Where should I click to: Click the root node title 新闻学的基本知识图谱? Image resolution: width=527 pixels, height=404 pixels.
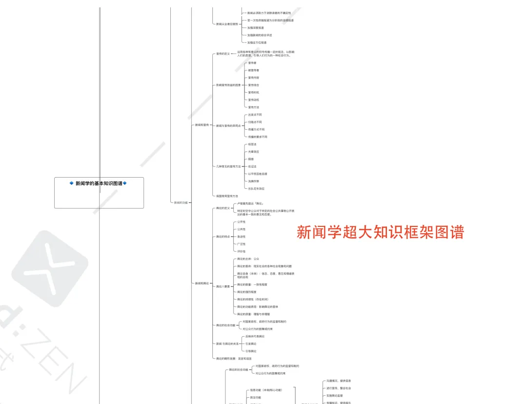pos(99,183)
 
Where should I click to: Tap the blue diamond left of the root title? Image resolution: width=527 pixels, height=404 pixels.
pos(71,183)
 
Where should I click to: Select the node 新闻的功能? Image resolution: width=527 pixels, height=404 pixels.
pos(181,202)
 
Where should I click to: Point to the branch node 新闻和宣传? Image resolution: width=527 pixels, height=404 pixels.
pos(202,125)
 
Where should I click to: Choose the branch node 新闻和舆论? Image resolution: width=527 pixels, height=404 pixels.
pos(202,283)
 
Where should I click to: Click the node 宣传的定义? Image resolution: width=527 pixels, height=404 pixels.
pos(223,54)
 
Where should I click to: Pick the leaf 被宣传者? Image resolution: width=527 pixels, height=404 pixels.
pos(254,70)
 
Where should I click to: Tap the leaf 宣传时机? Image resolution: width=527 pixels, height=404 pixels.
pos(254,92)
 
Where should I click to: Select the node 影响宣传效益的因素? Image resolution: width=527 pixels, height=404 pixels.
pos(228,85)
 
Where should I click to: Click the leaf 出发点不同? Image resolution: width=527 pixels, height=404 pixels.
pos(255,115)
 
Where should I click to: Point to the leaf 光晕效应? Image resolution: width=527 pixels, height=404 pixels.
pos(254,152)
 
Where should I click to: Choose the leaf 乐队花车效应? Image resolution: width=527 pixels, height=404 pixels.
pos(257,188)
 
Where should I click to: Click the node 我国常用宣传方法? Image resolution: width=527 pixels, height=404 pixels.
pos(227,196)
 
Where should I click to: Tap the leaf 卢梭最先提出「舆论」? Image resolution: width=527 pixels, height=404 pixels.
pos(250,203)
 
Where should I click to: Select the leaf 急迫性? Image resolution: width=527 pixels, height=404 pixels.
pos(241,237)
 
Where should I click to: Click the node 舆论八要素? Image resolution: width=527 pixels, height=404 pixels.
pos(223,286)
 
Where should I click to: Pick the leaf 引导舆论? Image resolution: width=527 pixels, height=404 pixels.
pos(251,351)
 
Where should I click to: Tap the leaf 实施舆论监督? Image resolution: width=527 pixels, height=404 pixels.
pos(334,395)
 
